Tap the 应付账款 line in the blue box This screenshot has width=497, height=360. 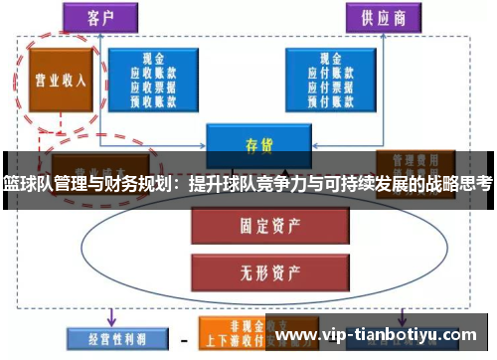329,73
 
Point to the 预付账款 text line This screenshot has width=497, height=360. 329,98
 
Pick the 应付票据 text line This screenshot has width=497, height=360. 329,86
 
